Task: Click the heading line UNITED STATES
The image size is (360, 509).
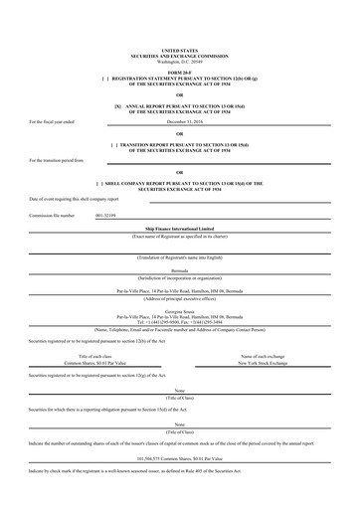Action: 179,49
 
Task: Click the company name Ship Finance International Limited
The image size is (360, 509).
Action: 179,228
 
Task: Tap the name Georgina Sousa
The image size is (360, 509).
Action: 179,283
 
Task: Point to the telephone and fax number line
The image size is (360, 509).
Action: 179,294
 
